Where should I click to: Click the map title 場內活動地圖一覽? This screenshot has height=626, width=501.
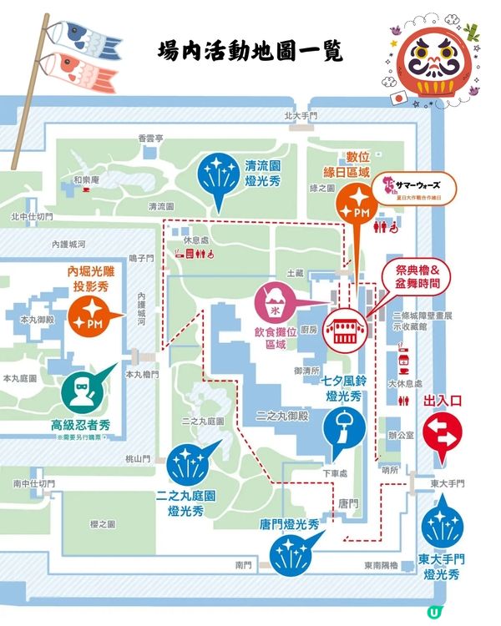pos(250,52)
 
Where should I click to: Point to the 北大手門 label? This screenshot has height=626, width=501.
pos(302,116)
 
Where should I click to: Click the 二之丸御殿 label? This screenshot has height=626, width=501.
pos(284,416)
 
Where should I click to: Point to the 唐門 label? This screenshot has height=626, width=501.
pos(348,503)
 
